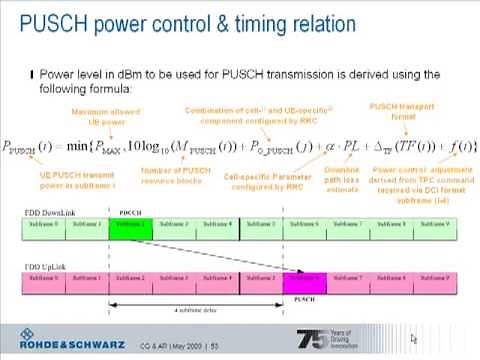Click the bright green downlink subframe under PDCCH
(x=129, y=229)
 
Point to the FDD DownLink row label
(x=45, y=214)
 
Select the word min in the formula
(x=99, y=146)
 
